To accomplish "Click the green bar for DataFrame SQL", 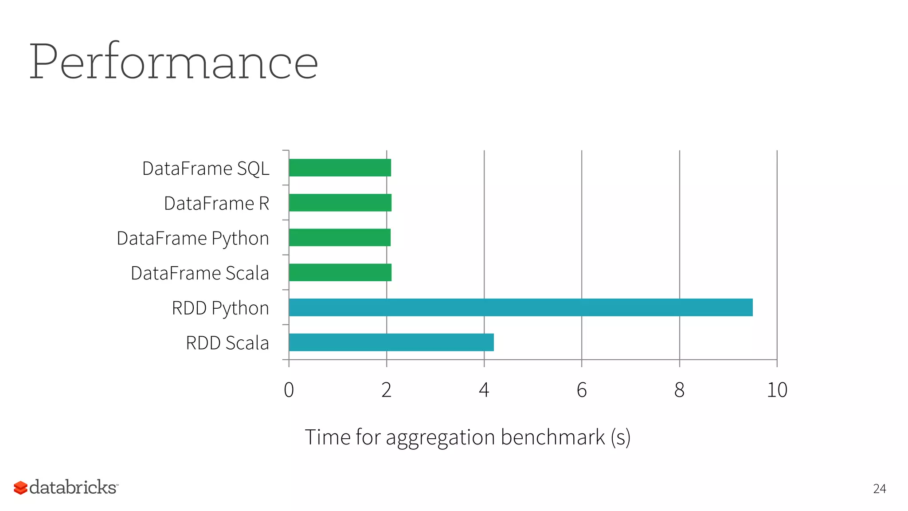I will click(340, 168).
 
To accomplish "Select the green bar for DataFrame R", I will click(340, 203).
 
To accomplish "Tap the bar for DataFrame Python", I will click(340, 237).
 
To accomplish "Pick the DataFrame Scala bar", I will click(340, 272).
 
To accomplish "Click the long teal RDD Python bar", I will click(521, 307).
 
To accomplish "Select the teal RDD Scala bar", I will click(391, 342).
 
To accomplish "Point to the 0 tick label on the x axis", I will click(289, 390).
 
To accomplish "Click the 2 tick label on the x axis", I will click(387, 390).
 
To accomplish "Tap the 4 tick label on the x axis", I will click(484, 390).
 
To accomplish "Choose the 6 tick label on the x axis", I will click(582, 390).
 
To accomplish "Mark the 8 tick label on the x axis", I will click(679, 390).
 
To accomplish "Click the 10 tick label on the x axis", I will click(777, 390).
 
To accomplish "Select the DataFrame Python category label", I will click(193, 239).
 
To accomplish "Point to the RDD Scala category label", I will click(227, 343).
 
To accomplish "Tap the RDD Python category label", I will click(220, 308).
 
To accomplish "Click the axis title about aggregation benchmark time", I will click(467, 437).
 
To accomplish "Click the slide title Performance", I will click(173, 62).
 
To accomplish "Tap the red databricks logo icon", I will click(20, 487).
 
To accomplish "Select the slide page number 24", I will click(879, 489).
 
